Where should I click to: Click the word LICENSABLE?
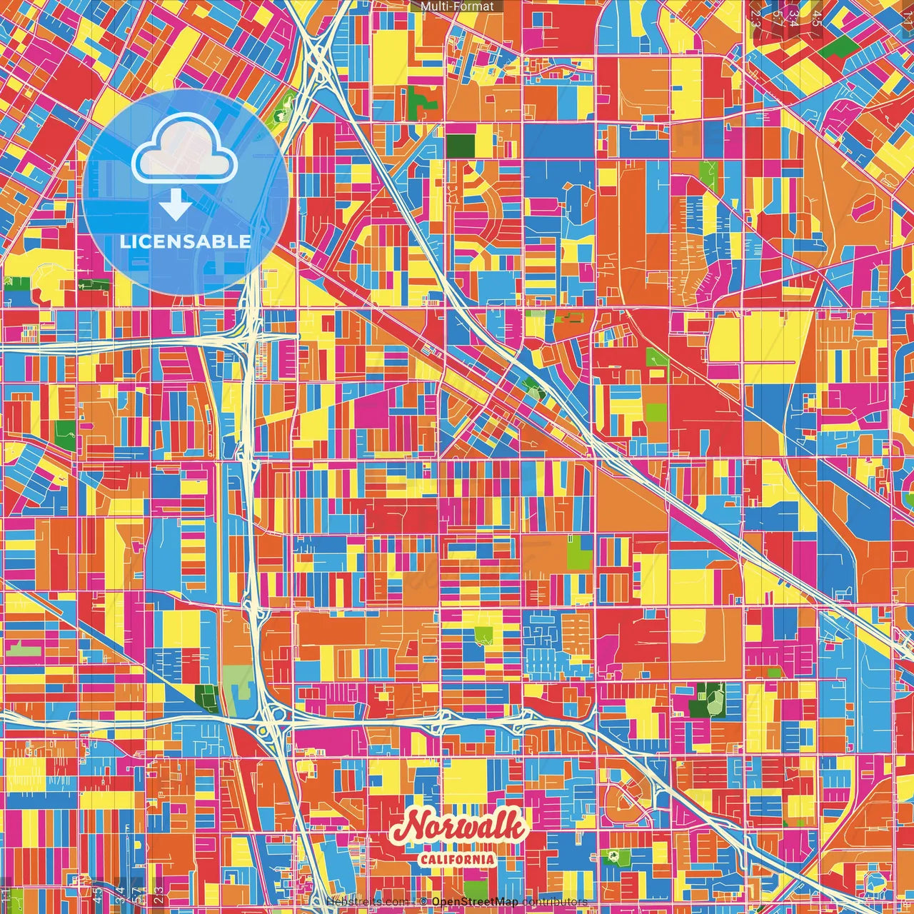click(185, 241)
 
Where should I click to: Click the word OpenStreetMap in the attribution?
click(475, 902)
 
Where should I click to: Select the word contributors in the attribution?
click(555, 902)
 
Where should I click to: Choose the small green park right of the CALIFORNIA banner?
click(612, 855)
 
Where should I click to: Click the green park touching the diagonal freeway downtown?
click(533, 389)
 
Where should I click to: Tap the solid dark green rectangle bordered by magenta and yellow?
click(460, 145)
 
